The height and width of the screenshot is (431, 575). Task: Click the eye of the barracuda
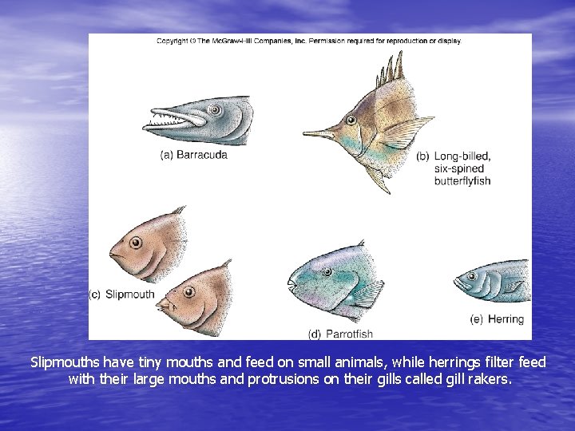214,109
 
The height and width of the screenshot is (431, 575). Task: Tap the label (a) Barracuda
194,155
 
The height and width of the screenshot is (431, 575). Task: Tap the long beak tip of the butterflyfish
307,133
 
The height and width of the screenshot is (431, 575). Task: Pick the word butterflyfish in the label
462,181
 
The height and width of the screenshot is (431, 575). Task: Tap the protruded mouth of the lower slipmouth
165,306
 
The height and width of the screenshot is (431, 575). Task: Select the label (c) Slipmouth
121,295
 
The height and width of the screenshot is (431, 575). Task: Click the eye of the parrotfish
327,272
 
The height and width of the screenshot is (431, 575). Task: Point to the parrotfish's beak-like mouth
292,283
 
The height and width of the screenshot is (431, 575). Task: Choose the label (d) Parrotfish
340,334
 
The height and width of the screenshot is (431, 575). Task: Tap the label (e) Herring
497,319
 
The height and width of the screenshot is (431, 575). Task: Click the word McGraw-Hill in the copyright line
227,42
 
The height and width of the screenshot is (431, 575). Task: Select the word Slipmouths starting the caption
60,363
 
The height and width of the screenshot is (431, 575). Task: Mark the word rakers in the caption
486,379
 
